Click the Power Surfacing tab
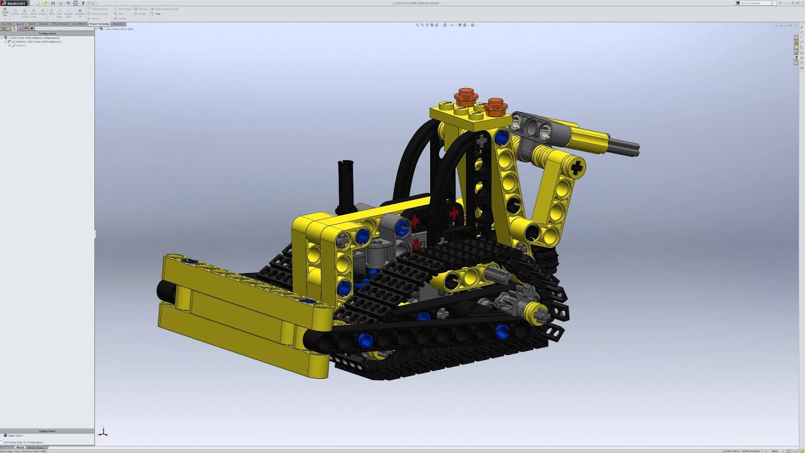(99, 24)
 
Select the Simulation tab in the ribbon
(118, 24)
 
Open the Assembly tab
(7, 24)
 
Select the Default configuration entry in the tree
(38, 42)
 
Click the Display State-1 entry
(16, 435)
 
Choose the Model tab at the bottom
(20, 447)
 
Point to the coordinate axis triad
(103, 433)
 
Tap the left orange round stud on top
(465, 97)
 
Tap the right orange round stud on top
(496, 106)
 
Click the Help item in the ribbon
(157, 13)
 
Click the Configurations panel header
(47, 33)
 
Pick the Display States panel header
(47, 431)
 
